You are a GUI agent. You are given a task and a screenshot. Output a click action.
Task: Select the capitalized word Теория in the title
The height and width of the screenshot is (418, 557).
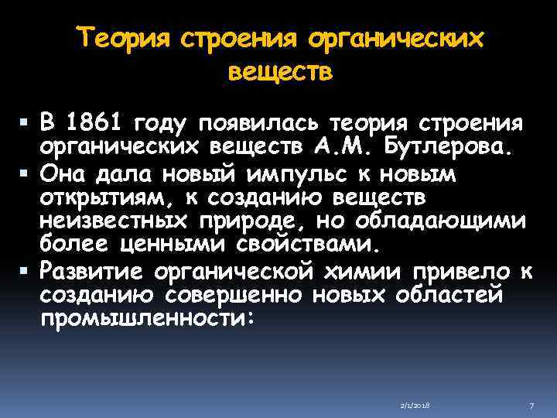126,39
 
